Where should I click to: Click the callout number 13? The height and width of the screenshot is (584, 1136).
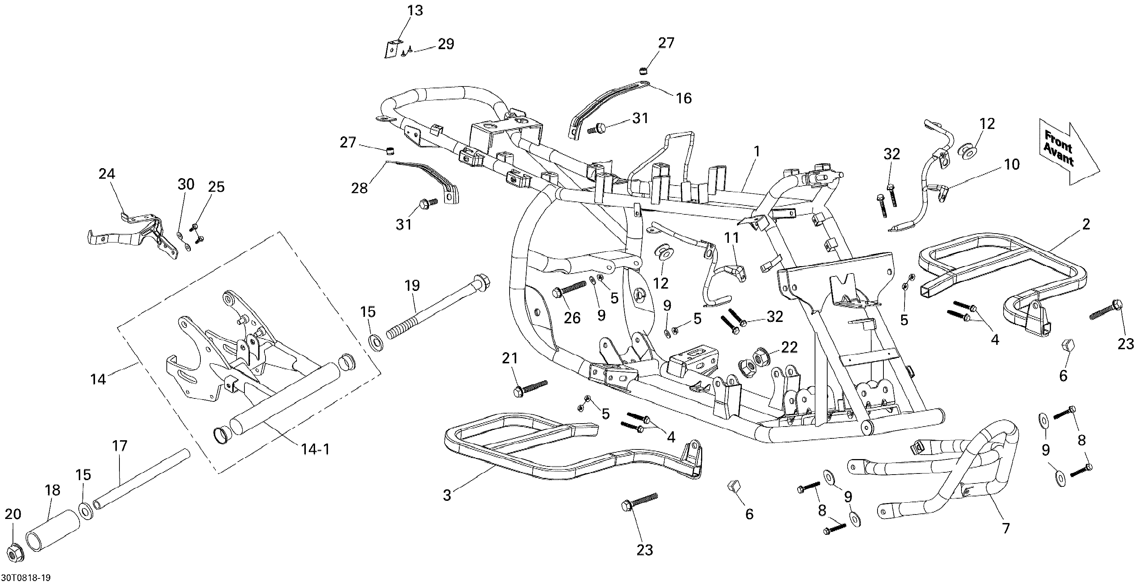415,11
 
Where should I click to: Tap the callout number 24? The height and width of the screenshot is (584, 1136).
107,174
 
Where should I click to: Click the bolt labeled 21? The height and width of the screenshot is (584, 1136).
530,387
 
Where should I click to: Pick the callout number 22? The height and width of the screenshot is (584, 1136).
788,347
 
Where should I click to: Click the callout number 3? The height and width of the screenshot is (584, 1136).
447,495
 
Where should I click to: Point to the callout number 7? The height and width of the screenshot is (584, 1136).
1006,529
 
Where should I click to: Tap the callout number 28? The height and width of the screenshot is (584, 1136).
359,188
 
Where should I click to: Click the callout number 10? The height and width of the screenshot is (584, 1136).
1012,164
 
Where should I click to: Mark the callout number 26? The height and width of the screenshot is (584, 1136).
572,318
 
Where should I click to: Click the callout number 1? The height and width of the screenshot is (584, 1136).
757,152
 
